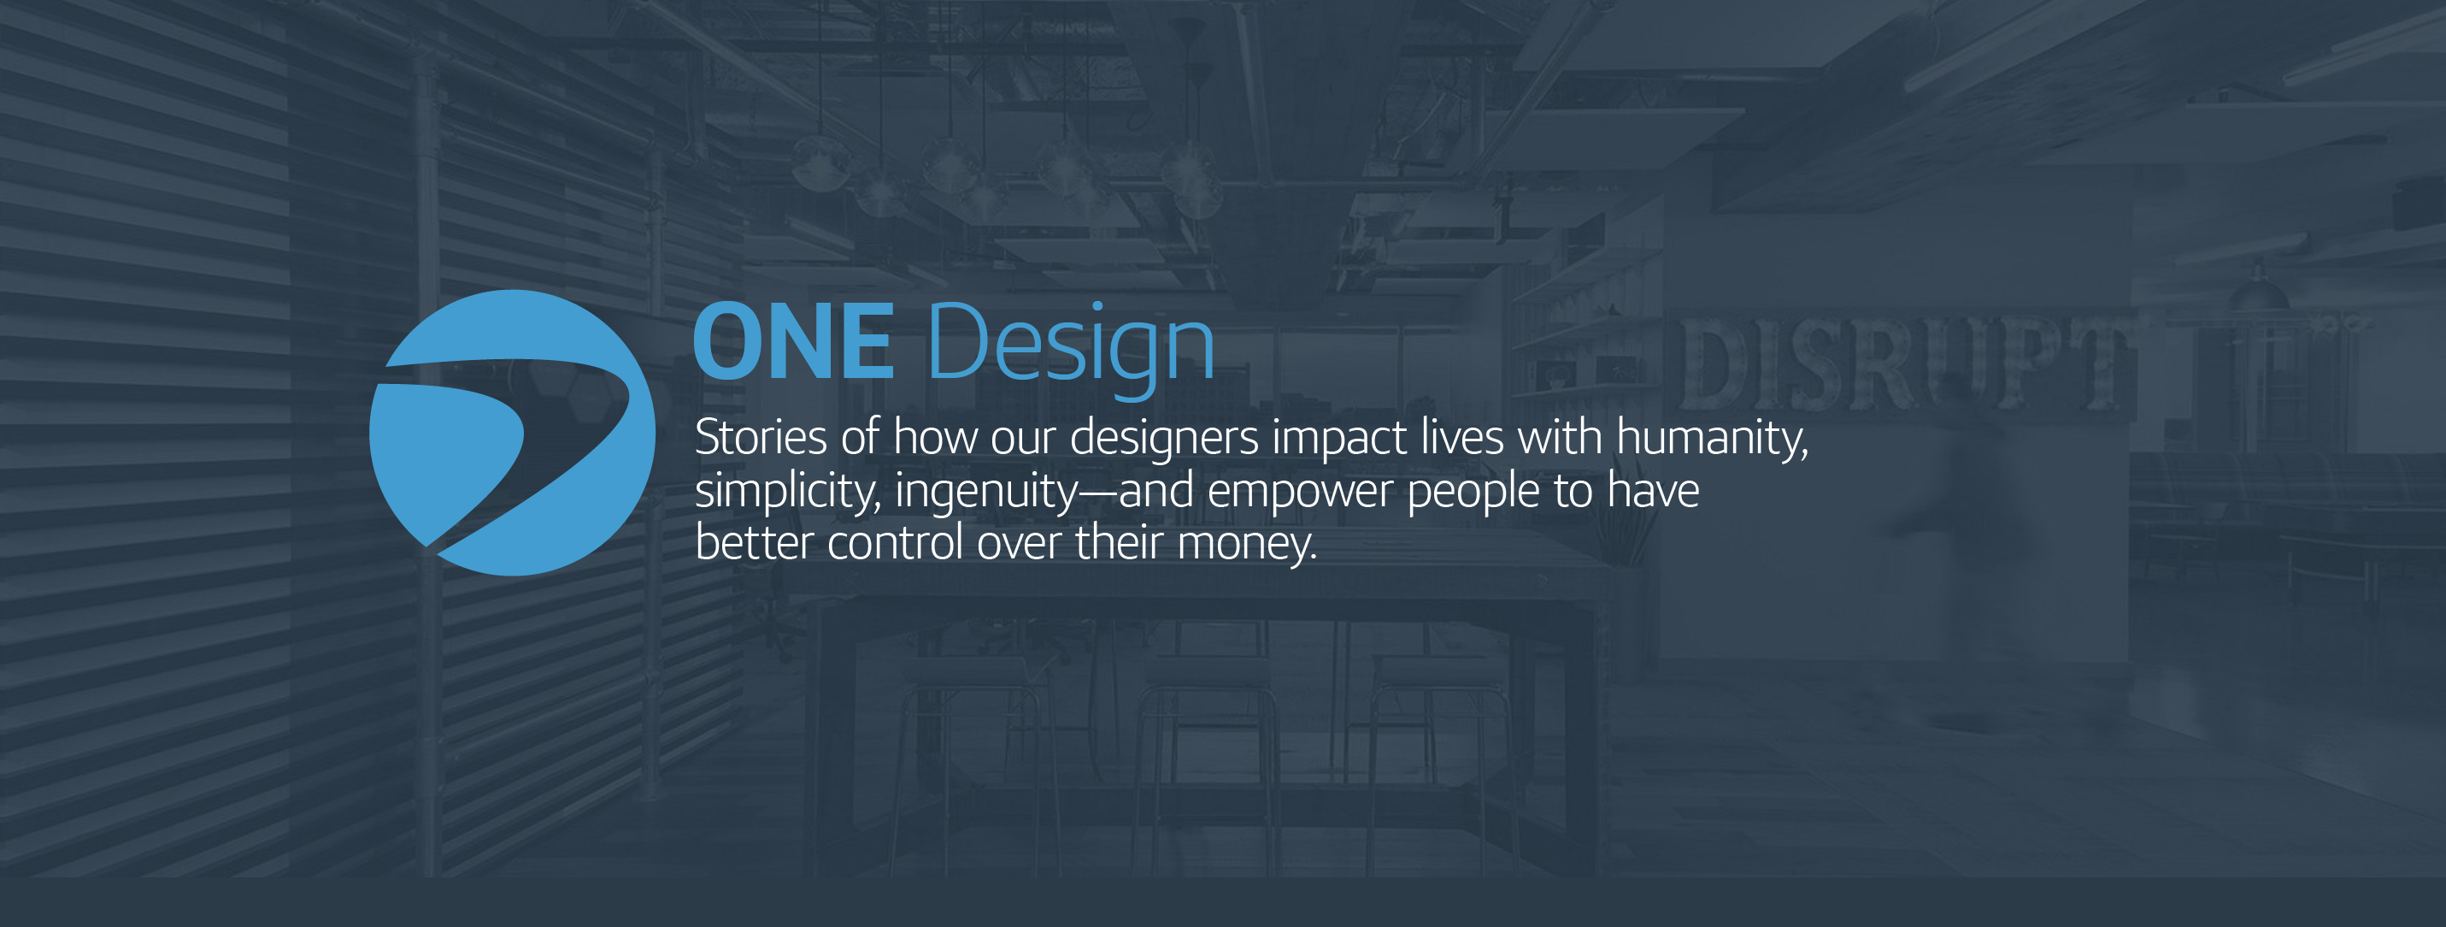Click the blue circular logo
click(x=512, y=432)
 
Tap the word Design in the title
click(x=1070, y=344)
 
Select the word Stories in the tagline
click(x=761, y=438)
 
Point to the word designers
click(x=1164, y=439)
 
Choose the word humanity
click(x=1711, y=439)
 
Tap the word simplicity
click(x=787, y=492)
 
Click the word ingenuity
click(x=985, y=492)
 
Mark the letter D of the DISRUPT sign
click(x=1717, y=366)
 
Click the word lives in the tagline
click(x=1462, y=438)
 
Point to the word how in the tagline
click(x=934, y=438)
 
